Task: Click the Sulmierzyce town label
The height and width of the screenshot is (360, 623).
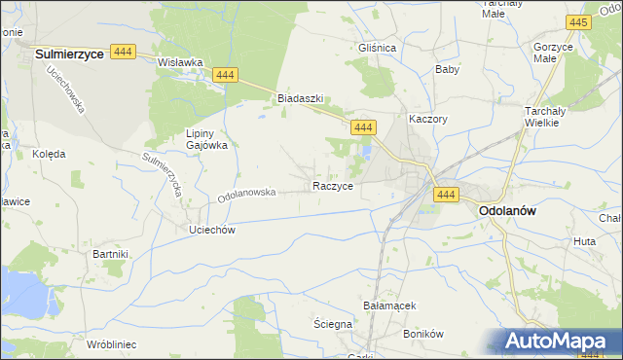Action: [69, 55]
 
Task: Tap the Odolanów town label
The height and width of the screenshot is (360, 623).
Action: [508, 209]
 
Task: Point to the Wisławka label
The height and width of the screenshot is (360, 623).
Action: [179, 62]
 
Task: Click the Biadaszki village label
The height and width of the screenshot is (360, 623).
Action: [299, 98]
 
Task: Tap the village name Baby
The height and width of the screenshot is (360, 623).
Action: [447, 69]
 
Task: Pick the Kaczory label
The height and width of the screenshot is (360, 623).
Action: [427, 118]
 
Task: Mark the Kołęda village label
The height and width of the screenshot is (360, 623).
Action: [49, 154]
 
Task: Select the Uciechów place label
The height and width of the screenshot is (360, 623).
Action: [207, 229]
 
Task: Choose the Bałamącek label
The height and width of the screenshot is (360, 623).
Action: [389, 305]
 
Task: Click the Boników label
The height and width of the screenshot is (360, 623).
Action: [422, 333]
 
